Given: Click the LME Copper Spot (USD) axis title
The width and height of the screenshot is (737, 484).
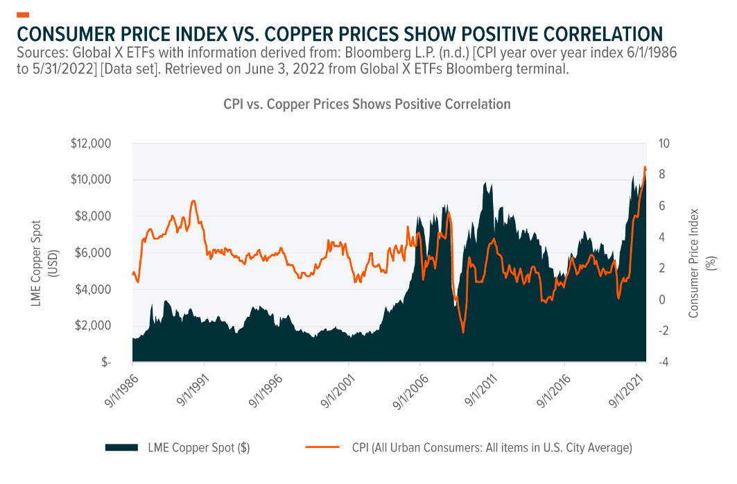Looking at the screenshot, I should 42,252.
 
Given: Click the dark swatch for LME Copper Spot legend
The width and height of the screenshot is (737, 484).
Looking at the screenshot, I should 122,448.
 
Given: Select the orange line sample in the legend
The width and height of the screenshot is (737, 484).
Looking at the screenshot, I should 322,448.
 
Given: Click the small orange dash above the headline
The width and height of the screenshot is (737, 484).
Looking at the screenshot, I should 22,14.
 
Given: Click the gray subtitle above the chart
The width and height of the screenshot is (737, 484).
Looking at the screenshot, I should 367,104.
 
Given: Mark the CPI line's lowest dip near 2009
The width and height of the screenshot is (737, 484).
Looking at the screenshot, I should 463,332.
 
